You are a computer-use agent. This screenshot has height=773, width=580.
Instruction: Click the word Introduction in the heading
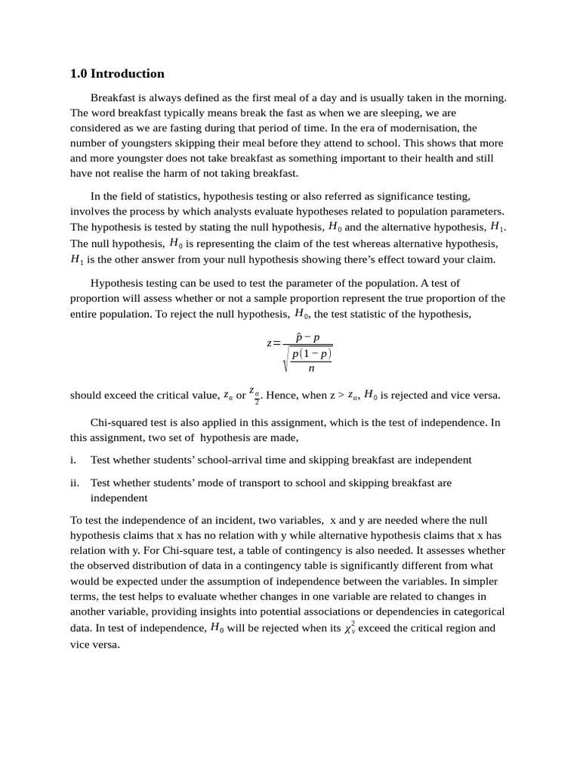[127, 74]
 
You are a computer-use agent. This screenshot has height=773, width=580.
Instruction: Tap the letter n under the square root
[311, 368]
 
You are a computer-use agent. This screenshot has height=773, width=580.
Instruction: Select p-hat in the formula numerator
[299, 338]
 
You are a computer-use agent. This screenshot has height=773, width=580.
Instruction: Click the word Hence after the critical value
[282, 395]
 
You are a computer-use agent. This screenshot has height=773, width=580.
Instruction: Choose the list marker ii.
[74, 482]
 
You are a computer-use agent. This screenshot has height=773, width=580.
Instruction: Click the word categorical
[477, 611]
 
